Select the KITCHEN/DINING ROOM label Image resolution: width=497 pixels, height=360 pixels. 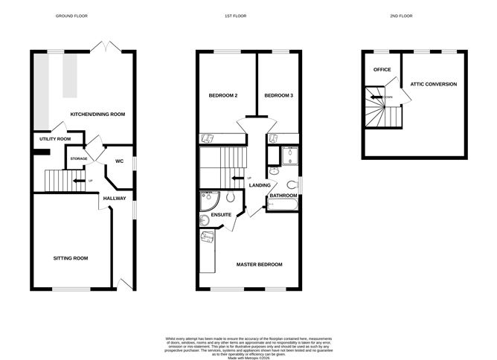[97, 115]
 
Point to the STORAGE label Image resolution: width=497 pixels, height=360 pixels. [79, 158]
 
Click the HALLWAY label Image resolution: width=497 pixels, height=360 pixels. [115, 199]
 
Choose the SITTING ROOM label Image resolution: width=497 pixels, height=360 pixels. [71, 258]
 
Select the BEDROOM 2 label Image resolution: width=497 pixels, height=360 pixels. [223, 95]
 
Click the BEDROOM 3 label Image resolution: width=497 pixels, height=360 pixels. [279, 95]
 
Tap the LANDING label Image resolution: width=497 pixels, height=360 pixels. [260, 185]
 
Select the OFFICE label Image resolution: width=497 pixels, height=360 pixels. [382, 70]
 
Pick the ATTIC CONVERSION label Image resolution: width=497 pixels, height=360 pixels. [434, 84]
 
